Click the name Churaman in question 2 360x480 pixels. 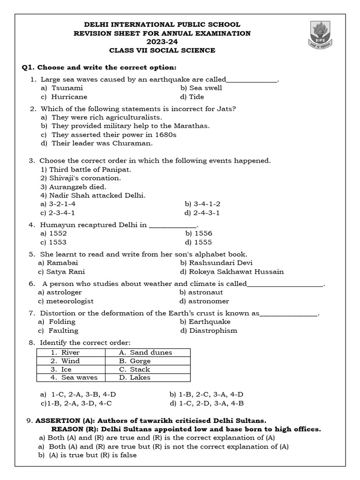(135, 143)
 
